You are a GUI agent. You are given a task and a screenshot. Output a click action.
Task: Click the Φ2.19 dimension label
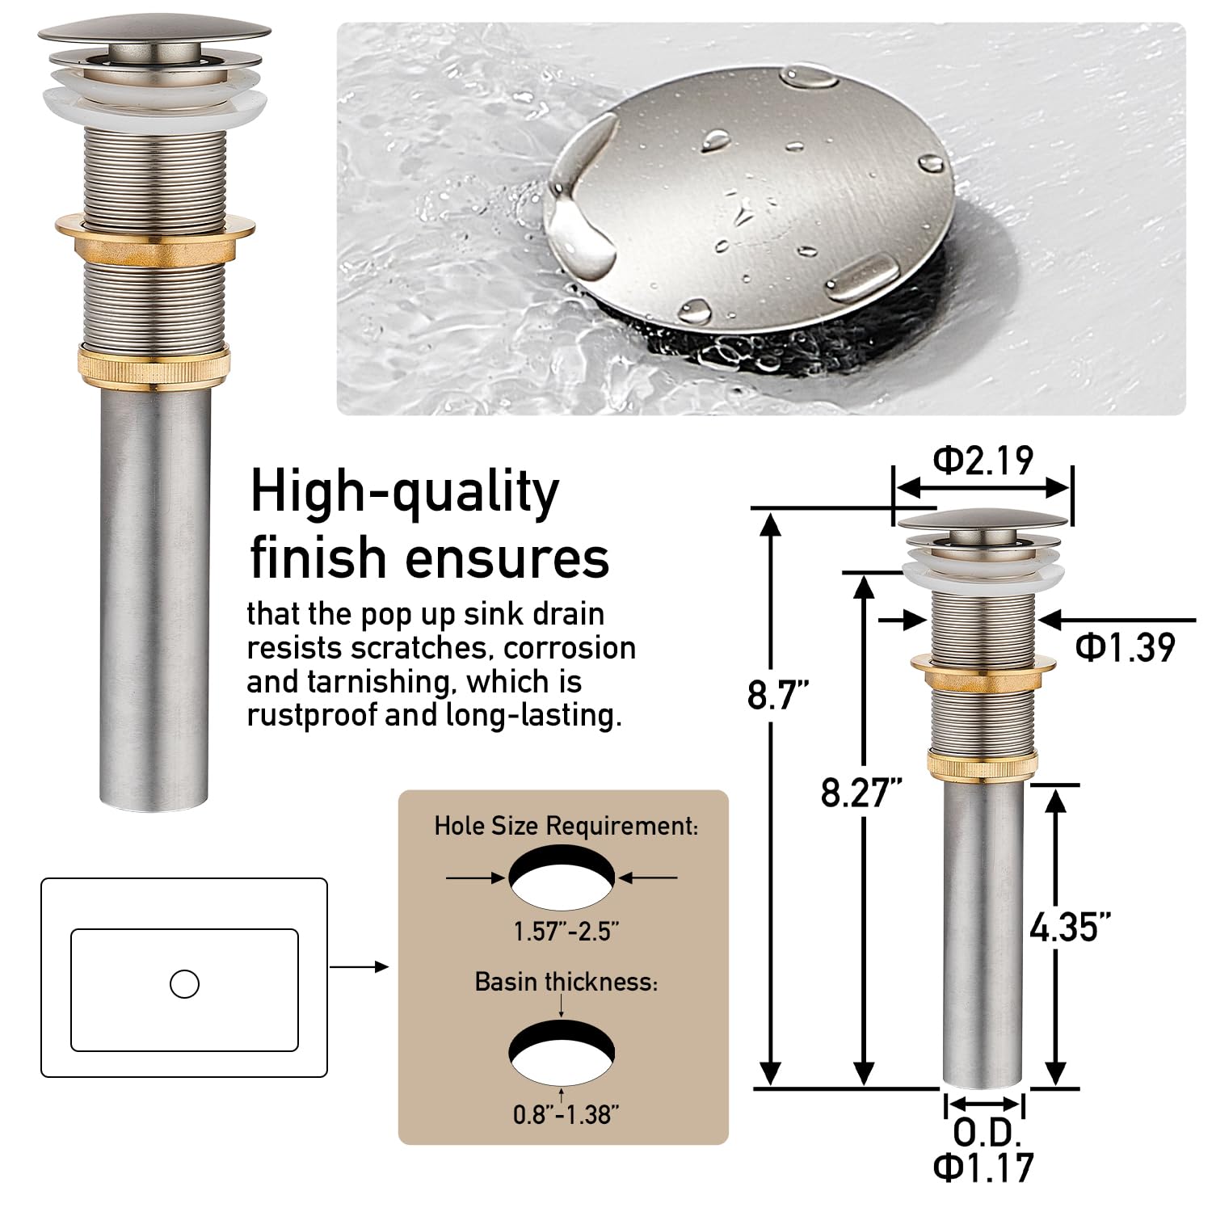[x=983, y=460]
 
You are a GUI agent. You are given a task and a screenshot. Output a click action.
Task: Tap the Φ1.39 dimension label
[x=1126, y=647]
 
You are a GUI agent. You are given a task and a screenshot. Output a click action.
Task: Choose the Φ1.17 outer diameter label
[x=983, y=1167]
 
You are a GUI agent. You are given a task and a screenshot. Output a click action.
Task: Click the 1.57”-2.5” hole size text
[x=566, y=932]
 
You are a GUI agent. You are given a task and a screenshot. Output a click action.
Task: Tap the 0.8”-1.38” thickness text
[x=566, y=1115]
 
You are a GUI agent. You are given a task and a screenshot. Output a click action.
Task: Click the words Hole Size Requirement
[x=565, y=827]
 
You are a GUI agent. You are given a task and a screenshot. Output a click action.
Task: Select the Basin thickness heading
[x=566, y=982]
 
